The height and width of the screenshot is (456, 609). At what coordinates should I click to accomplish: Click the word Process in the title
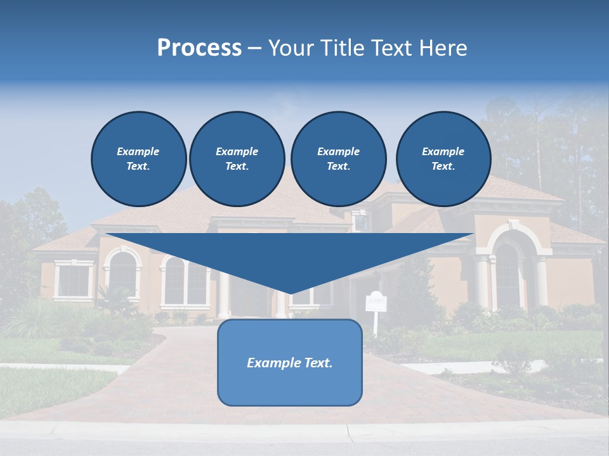click(199, 48)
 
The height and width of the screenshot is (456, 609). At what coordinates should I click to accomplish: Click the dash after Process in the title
click(254, 49)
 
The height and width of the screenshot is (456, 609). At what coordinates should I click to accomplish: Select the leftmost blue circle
click(138, 158)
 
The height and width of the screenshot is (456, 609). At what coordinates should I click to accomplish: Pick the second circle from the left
click(237, 158)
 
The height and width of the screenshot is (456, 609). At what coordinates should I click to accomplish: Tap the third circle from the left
click(338, 158)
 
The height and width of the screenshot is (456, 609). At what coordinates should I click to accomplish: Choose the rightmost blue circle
click(443, 158)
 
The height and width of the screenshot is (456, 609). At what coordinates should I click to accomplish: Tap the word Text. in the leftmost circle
click(138, 166)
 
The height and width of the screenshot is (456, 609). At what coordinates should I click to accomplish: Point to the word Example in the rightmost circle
click(443, 151)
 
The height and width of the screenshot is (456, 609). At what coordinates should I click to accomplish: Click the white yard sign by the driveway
click(376, 302)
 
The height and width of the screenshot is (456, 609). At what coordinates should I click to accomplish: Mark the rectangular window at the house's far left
click(74, 280)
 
